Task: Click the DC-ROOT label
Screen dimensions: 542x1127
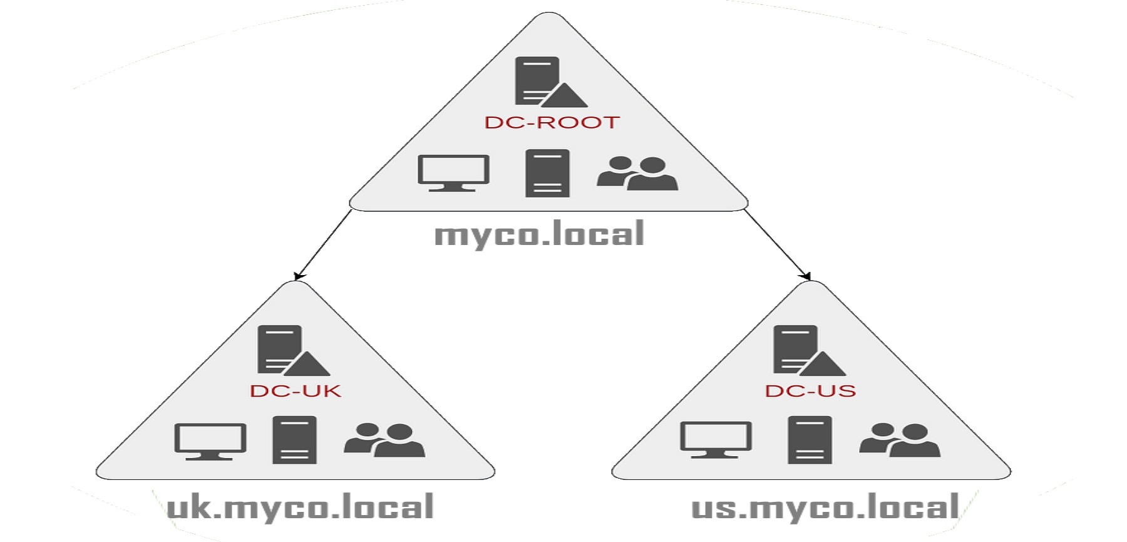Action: click(x=552, y=122)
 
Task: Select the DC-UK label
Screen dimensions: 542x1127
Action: click(x=296, y=391)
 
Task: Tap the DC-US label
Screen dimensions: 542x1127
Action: click(x=810, y=391)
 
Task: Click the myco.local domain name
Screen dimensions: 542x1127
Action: click(x=539, y=234)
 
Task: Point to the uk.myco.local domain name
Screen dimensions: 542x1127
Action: click(x=301, y=507)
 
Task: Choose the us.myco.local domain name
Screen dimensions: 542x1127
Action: click(x=825, y=507)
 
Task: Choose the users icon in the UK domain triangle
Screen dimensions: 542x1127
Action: click(x=384, y=440)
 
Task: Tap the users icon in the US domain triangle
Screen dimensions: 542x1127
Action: click(x=900, y=440)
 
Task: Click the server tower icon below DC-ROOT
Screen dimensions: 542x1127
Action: click(x=547, y=173)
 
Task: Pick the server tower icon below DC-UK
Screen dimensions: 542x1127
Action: click(x=294, y=440)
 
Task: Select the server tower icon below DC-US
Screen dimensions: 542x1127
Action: click(x=810, y=440)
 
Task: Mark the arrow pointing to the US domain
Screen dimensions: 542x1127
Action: click(x=776, y=244)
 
